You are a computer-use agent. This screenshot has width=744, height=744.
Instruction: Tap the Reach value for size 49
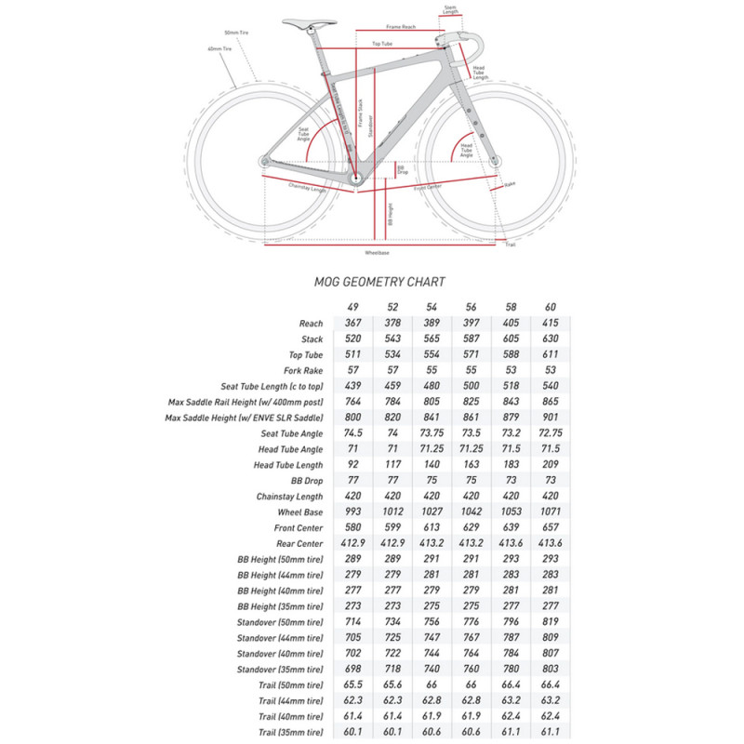click(x=352, y=323)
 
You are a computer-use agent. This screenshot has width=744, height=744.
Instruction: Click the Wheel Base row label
click(x=300, y=512)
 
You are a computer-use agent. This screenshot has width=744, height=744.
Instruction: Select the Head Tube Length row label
click(x=288, y=465)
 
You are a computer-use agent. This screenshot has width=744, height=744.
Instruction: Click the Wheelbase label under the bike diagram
click(x=377, y=252)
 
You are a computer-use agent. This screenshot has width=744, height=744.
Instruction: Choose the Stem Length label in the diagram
click(x=451, y=9)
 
